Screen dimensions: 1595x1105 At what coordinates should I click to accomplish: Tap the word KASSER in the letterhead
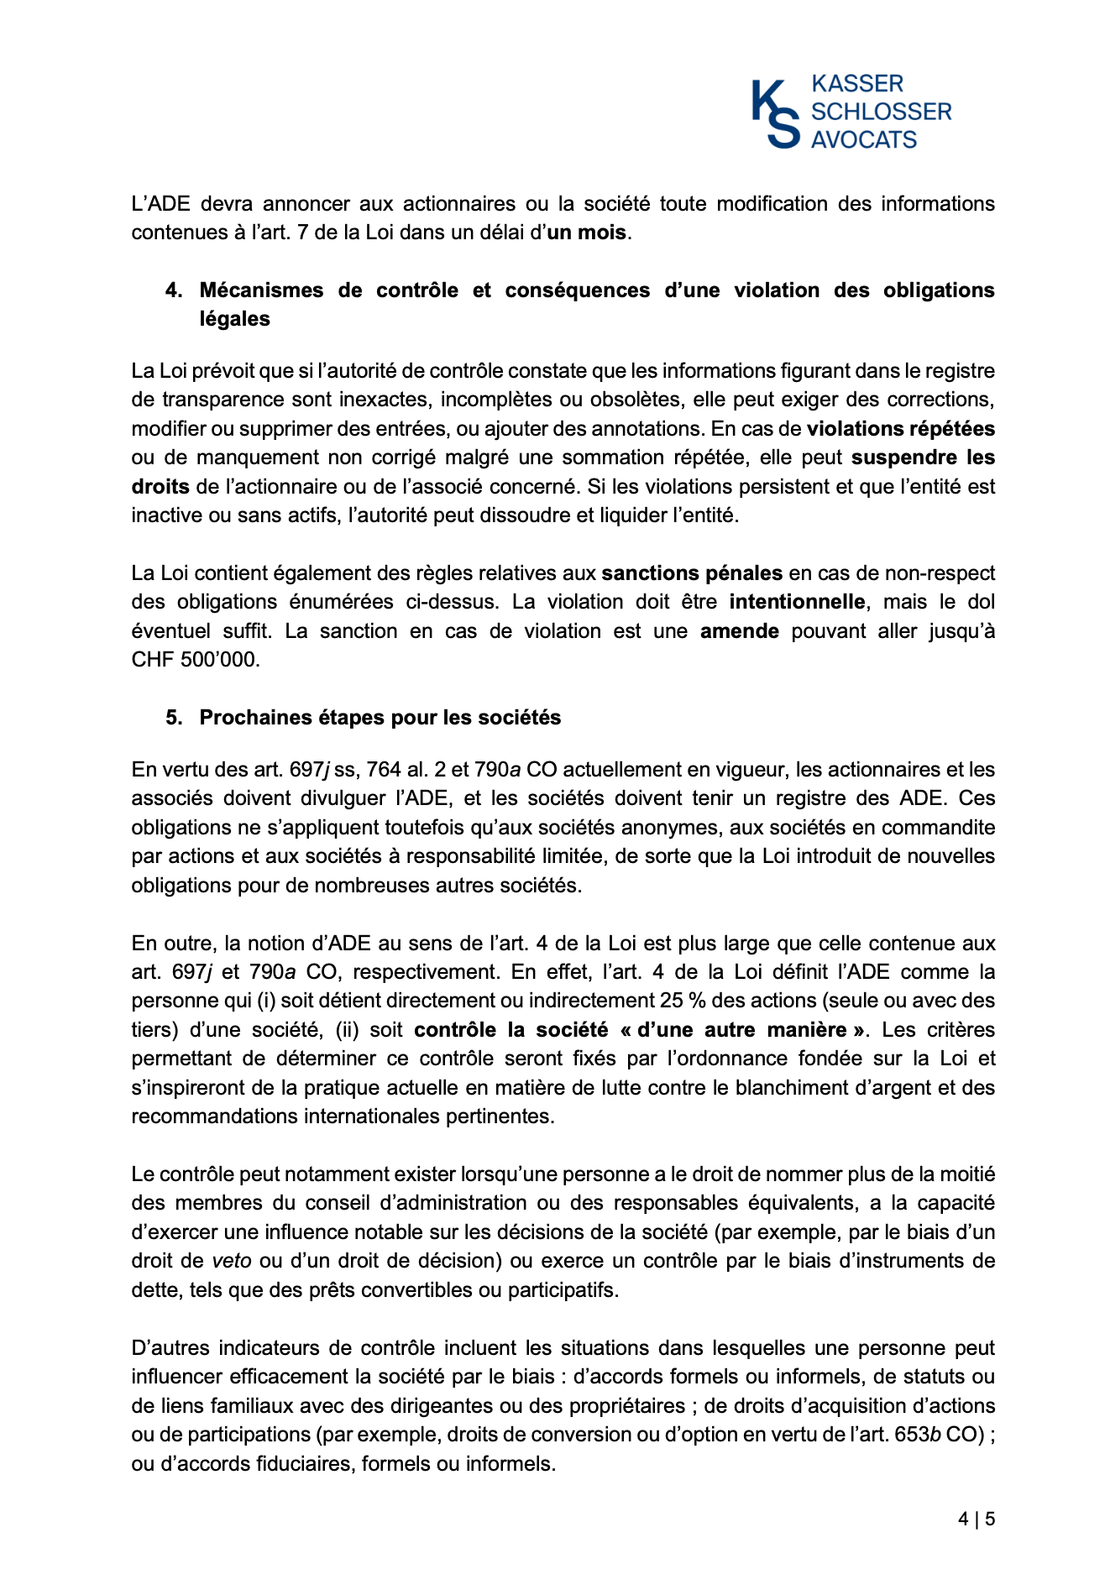click(x=857, y=84)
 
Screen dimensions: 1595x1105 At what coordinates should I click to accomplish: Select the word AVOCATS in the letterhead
click(x=864, y=139)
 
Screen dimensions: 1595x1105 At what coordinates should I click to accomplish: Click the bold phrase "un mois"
click(x=586, y=233)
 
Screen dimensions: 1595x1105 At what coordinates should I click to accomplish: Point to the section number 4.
click(x=173, y=290)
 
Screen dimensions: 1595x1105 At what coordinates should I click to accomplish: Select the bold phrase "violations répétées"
click(x=900, y=429)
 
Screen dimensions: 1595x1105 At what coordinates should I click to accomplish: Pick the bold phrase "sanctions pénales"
click(x=692, y=573)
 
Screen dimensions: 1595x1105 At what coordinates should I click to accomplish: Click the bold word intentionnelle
click(x=797, y=602)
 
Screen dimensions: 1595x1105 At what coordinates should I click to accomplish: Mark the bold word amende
click(x=739, y=631)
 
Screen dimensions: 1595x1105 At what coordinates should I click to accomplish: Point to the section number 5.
click(x=173, y=718)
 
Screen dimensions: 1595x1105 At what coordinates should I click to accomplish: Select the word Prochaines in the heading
click(x=252, y=718)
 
